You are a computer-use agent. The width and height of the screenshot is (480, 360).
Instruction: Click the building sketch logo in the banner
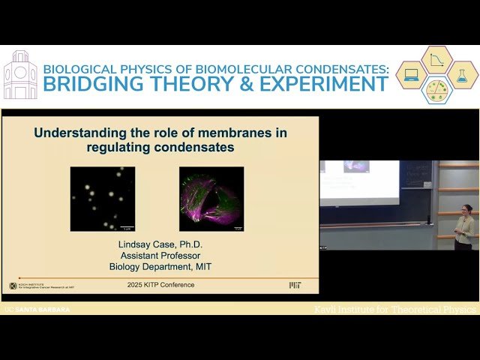pos(20,75)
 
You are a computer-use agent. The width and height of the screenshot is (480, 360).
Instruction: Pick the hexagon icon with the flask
pos(462,75)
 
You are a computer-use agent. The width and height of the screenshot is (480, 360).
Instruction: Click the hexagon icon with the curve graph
pos(437,59)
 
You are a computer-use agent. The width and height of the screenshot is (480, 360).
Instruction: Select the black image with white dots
pos(103,199)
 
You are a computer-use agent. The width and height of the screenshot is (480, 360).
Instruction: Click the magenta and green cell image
pos(211,199)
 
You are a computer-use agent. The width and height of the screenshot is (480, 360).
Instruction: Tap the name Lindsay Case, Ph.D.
pos(160,244)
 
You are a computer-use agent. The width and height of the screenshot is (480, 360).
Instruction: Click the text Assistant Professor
pos(160,255)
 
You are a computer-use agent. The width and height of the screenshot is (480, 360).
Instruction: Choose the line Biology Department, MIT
pos(160,265)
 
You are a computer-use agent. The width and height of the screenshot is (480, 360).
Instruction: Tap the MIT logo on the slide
pos(295,286)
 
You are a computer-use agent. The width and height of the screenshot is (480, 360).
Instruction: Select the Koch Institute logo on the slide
pos(34,286)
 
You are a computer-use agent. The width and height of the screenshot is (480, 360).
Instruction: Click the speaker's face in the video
pos(466,209)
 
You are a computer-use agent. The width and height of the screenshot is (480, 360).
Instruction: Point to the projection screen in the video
pos(359,182)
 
